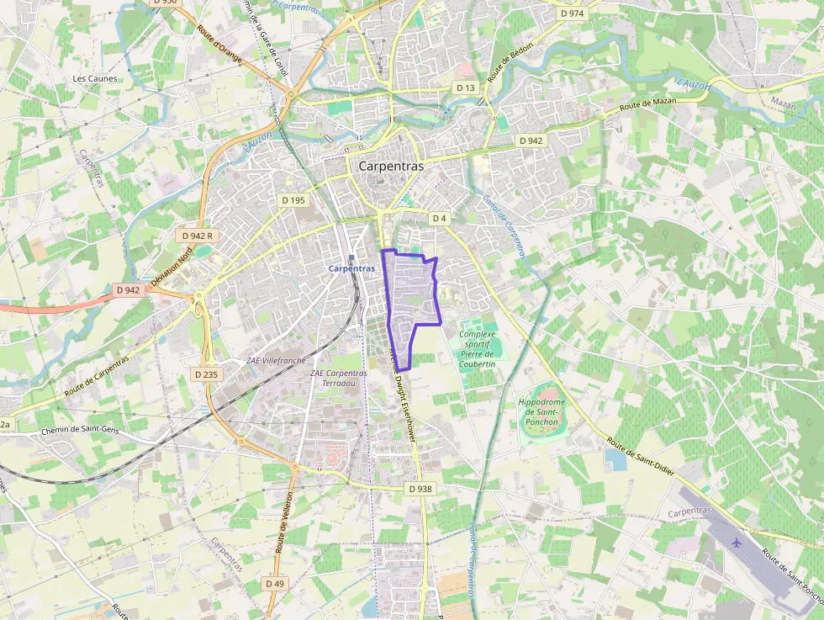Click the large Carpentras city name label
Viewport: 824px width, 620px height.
tap(391, 167)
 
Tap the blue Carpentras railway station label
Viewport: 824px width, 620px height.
tap(351, 268)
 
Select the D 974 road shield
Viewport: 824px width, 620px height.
tap(572, 13)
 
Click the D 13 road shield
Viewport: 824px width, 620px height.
tap(466, 87)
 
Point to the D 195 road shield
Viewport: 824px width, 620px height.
tap(293, 200)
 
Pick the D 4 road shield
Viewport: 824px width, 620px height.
tap(438, 219)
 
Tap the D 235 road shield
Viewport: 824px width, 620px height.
tap(206, 374)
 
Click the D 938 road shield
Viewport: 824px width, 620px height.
tap(420, 489)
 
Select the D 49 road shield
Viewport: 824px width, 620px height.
tap(275, 583)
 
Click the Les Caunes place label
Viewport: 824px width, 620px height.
tap(95, 79)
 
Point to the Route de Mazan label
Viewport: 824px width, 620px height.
tap(647, 104)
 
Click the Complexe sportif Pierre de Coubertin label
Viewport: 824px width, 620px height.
tap(478, 349)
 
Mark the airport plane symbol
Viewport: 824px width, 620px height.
tap(737, 542)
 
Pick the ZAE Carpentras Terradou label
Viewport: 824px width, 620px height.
tap(339, 378)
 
